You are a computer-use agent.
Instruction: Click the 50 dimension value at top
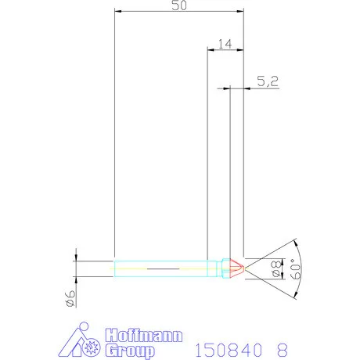[178, 6]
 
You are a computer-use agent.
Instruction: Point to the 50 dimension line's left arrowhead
[117, 13]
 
